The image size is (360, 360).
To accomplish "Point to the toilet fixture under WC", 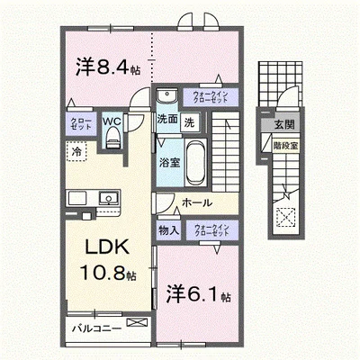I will [112, 136].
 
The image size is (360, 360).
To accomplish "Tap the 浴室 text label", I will [168, 164].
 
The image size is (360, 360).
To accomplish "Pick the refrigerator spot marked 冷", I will [78, 153].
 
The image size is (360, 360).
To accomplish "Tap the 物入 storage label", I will [168, 230].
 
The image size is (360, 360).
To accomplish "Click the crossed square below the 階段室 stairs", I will [286, 217].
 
